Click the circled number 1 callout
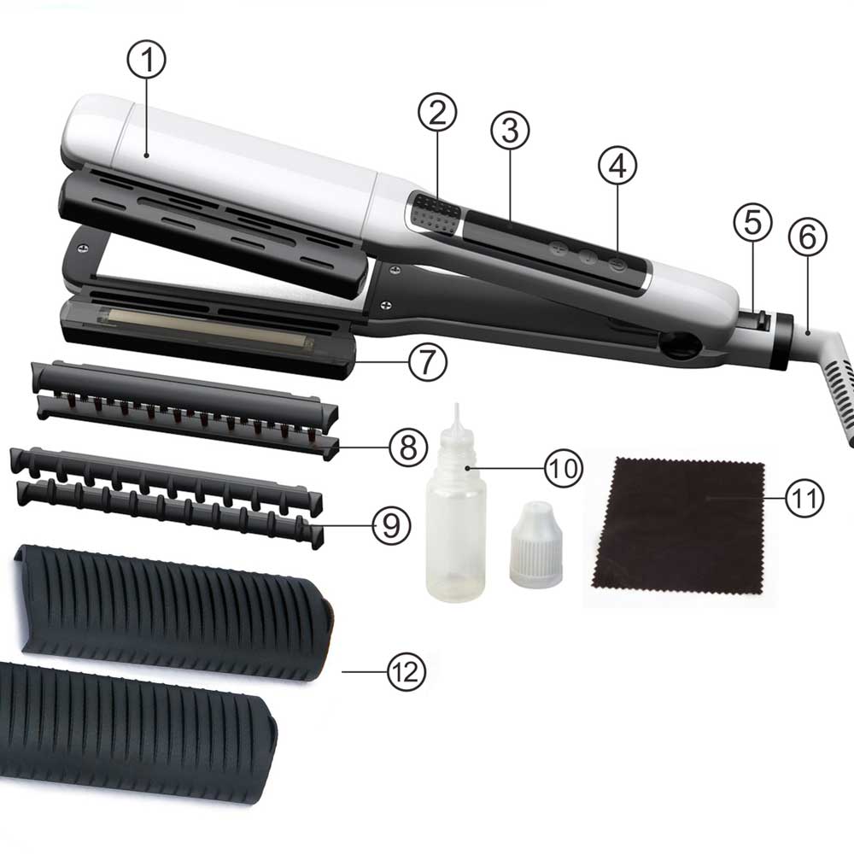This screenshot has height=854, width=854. tap(147, 60)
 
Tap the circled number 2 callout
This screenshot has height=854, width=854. tap(437, 112)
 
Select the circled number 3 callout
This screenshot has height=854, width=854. tap(510, 131)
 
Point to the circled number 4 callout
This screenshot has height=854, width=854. tap(617, 166)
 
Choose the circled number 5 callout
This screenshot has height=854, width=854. tap(752, 222)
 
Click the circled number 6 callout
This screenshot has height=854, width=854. tap(808, 237)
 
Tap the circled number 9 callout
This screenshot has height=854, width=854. tap(392, 525)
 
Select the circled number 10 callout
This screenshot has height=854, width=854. tap(563, 468)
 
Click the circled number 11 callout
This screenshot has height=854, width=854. tap(804, 498)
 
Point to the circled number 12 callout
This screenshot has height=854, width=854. tap(407, 671)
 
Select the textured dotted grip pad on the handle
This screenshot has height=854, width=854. tap(434, 214)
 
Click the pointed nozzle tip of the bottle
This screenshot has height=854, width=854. tap(457, 406)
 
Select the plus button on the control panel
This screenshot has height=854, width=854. tap(558, 249)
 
